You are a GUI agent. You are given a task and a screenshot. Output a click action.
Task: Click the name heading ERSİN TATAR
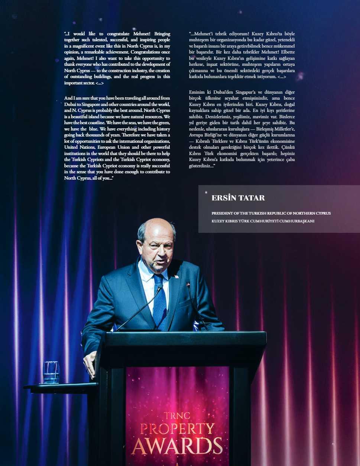pos(238,198)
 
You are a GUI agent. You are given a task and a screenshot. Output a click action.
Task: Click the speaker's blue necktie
pos(160,301)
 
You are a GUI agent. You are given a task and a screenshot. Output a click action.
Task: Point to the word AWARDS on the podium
pos(177,446)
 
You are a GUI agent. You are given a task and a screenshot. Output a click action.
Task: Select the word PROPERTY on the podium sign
pos(177,429)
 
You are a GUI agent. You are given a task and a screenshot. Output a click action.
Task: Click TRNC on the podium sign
pos(177,415)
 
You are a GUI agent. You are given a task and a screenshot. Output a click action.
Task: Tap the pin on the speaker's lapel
pos(176,277)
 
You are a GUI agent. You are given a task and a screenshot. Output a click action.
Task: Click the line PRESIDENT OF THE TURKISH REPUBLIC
pos(271,213)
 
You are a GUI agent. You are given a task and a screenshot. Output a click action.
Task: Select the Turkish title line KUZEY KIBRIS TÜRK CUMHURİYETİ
pos(263,221)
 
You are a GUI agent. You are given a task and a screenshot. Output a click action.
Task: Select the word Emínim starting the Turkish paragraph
pos(197,92)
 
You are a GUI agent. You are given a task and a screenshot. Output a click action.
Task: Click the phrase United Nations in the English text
pos(80,147)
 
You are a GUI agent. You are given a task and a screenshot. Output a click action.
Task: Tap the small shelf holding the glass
pos(59,386)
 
